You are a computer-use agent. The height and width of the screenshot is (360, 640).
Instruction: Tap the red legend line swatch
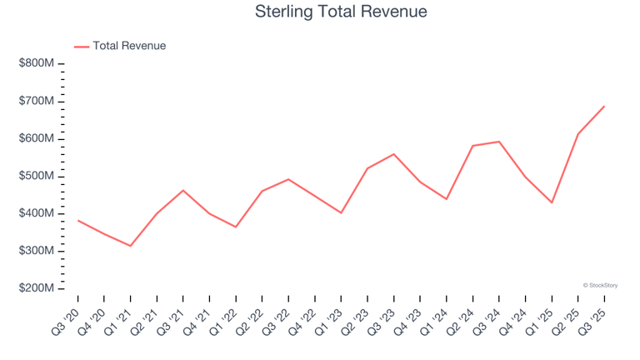[82, 47]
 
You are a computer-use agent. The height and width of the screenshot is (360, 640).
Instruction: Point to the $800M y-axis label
[37, 63]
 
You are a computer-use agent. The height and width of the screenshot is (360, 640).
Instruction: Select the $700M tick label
[37, 101]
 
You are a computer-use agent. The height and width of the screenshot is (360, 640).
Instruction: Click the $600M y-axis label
[37, 138]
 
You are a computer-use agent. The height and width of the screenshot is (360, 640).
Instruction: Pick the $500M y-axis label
[37, 176]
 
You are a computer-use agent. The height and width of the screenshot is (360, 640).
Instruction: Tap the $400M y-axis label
[37, 213]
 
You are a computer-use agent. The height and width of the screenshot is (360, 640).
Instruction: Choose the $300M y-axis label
[37, 251]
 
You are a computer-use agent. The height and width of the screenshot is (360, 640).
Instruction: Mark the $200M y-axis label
[37, 288]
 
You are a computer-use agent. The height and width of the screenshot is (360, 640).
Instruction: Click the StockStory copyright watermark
[600, 285]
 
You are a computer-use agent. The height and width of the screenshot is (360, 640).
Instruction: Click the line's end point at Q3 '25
[604, 106]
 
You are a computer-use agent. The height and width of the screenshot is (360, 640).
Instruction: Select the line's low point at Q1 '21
[131, 246]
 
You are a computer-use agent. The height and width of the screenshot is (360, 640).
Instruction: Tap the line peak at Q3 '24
[499, 142]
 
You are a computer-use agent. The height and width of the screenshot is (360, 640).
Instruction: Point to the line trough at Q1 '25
[552, 202]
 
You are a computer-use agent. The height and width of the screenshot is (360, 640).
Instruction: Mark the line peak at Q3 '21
[183, 190]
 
